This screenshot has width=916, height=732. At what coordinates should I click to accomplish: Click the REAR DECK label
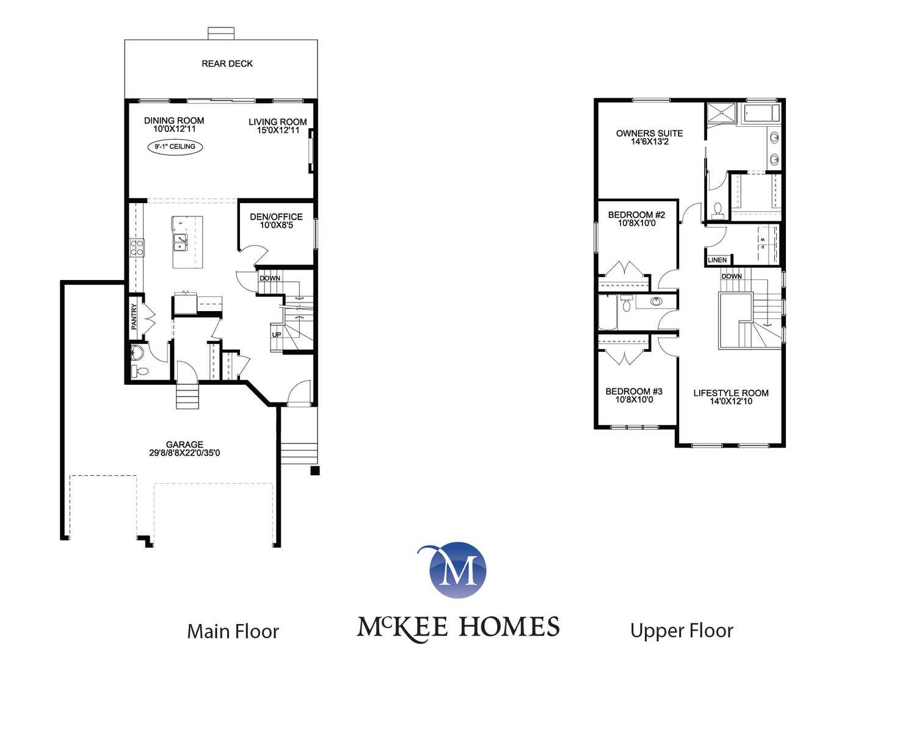coord(227,64)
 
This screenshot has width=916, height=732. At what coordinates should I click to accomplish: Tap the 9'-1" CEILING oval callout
coord(175,147)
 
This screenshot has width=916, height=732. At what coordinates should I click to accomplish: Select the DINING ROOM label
coord(174,121)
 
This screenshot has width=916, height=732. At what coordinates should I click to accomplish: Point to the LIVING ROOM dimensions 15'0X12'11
coord(278,130)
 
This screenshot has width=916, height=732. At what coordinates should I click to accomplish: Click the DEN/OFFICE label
coord(276,217)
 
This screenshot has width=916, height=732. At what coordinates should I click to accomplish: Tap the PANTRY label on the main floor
coord(134,317)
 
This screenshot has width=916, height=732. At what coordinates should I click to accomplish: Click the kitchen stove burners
coord(137,248)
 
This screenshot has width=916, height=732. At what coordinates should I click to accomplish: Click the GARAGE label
coord(184,445)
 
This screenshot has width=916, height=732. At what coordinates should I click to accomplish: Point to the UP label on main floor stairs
coord(276,335)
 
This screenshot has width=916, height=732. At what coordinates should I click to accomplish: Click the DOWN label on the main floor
coord(270,278)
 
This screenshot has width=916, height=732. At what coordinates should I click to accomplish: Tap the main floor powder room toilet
coord(140,371)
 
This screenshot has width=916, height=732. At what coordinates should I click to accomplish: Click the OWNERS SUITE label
coord(650,134)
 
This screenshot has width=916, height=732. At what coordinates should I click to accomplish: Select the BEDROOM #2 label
coord(636,215)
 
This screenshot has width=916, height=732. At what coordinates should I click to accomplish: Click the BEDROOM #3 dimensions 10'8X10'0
coord(634,400)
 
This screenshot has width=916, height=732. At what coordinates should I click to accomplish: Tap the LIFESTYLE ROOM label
coord(731,393)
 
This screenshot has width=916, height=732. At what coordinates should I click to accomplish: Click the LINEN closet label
coord(717,260)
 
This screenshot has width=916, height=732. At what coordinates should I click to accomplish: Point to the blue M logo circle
coord(457,570)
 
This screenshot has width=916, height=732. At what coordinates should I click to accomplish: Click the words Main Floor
coord(233,631)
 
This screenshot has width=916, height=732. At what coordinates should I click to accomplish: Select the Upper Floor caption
coord(682,631)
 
